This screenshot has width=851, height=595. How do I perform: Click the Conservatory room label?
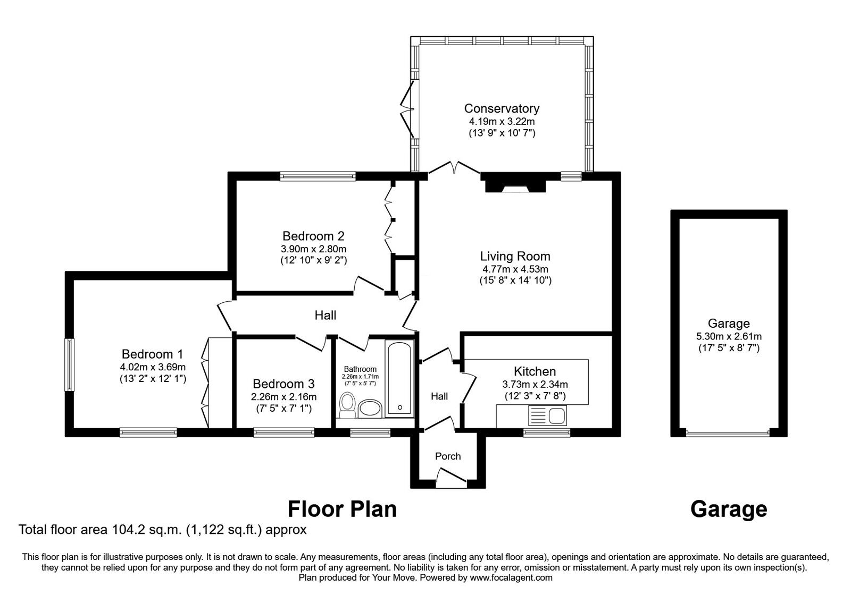pos(501,108)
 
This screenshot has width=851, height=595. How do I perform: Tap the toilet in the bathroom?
pos(347,406)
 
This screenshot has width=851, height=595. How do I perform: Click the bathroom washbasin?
pos(370,409)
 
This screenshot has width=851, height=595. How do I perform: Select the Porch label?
pos(448,456)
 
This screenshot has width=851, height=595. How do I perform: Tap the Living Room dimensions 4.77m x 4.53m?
pos(515,269)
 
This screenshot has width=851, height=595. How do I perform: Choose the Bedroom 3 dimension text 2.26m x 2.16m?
pos(283,396)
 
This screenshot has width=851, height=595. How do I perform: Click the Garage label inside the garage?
pos(729,323)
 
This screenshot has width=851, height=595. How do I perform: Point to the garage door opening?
pos(728,433)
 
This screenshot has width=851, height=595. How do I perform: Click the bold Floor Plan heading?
pos(342,509)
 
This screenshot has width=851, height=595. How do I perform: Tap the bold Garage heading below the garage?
pos(728,509)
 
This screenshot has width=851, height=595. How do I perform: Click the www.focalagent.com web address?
pos(511,577)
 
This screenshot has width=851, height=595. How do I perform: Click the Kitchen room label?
pos(535,371)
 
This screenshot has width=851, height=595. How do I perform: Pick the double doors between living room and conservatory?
pos(454,169)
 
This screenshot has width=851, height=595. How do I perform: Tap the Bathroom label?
pos(360,369)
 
